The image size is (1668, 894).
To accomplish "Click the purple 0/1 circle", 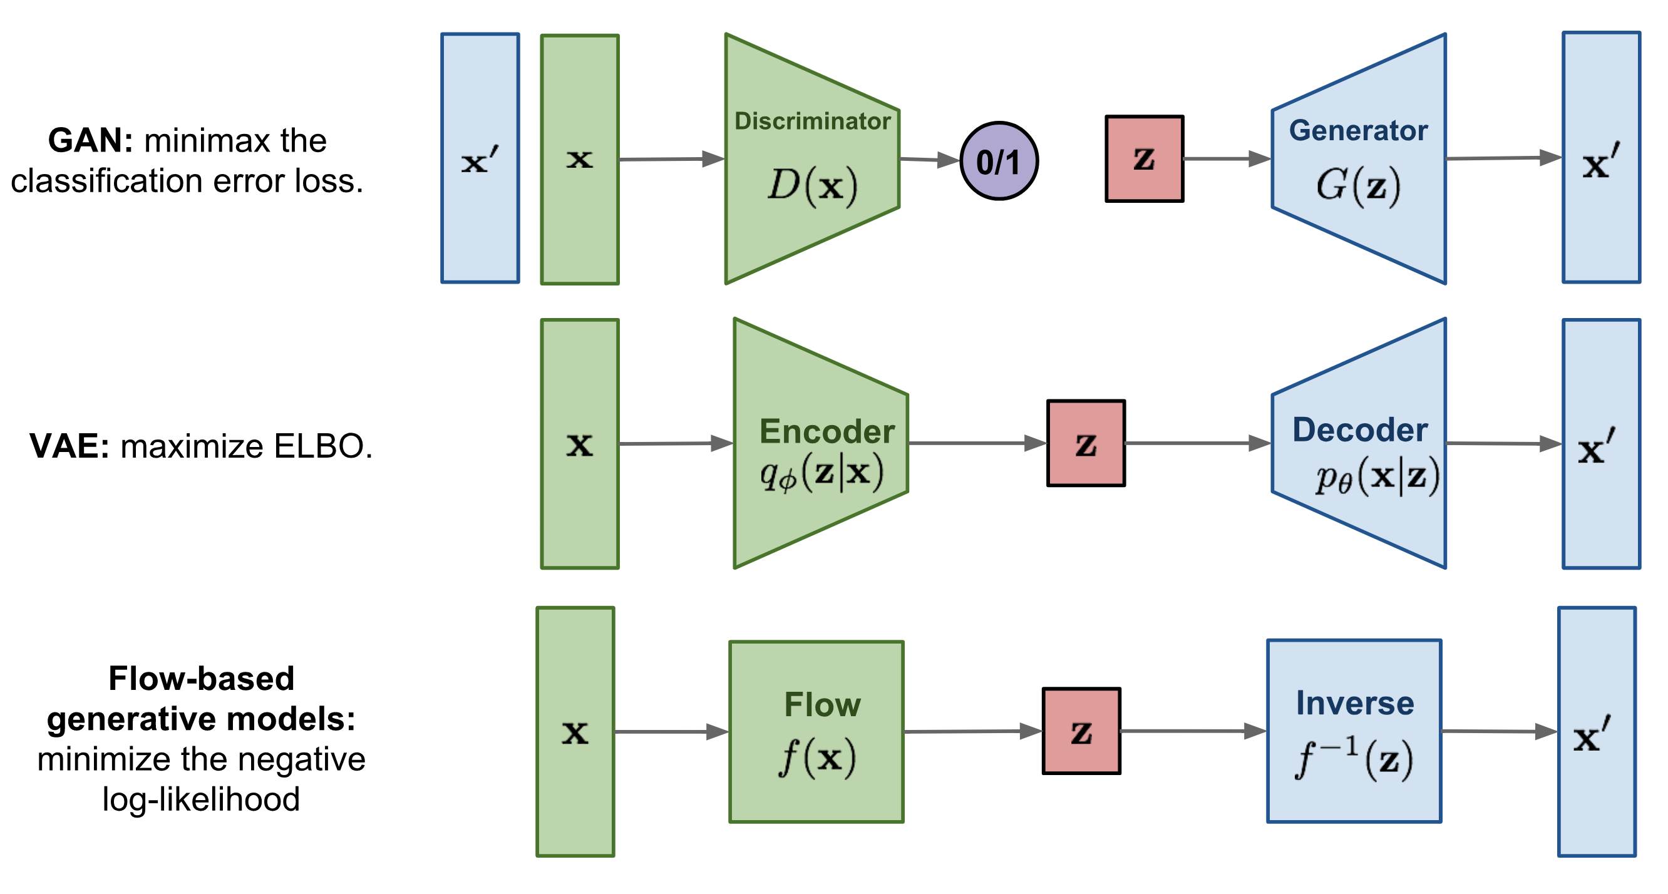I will (x=999, y=161).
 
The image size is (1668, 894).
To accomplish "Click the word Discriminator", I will (x=812, y=121).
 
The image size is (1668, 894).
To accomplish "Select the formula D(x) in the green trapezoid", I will (x=813, y=186).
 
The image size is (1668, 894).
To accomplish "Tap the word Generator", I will (x=1358, y=130).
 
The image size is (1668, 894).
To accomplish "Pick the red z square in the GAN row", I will (x=1144, y=158).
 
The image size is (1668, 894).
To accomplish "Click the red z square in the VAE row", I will (x=1086, y=443).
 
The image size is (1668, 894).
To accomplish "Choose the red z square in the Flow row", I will (x=1081, y=731).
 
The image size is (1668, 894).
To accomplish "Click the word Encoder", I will (x=827, y=431).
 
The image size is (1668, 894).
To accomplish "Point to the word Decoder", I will (x=1360, y=430).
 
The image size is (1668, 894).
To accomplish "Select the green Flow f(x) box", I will (x=816, y=731).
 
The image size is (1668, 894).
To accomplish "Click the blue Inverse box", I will (x=1354, y=731).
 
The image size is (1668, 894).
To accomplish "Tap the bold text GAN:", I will (x=90, y=140).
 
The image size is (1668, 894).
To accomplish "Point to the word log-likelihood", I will (x=201, y=799).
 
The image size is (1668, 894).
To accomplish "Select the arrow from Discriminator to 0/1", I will (x=929, y=159).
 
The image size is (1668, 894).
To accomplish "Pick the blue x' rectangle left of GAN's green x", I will (x=480, y=158).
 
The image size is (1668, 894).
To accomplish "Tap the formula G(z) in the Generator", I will (x=1358, y=186).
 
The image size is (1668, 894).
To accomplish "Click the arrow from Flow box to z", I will (x=971, y=731).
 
